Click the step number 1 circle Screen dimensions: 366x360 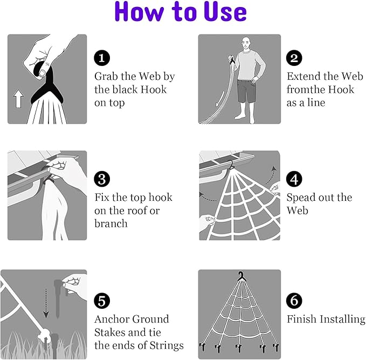(x=102, y=58)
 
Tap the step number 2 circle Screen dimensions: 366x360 (x=294, y=58)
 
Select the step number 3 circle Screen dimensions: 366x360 (x=102, y=179)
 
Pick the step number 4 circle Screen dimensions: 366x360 (x=294, y=179)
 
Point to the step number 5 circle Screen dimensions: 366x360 (x=102, y=301)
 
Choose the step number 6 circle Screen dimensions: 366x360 (x=294, y=301)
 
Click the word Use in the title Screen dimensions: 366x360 (x=225, y=12)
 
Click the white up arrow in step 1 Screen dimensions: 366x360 (x=18, y=99)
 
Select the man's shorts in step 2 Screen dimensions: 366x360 (x=246, y=91)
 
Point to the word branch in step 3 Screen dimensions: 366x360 (x=111, y=223)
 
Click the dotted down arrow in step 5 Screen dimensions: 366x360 (x=46, y=303)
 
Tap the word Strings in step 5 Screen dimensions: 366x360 (x=167, y=346)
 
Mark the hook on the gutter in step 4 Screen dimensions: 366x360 (x=231, y=165)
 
